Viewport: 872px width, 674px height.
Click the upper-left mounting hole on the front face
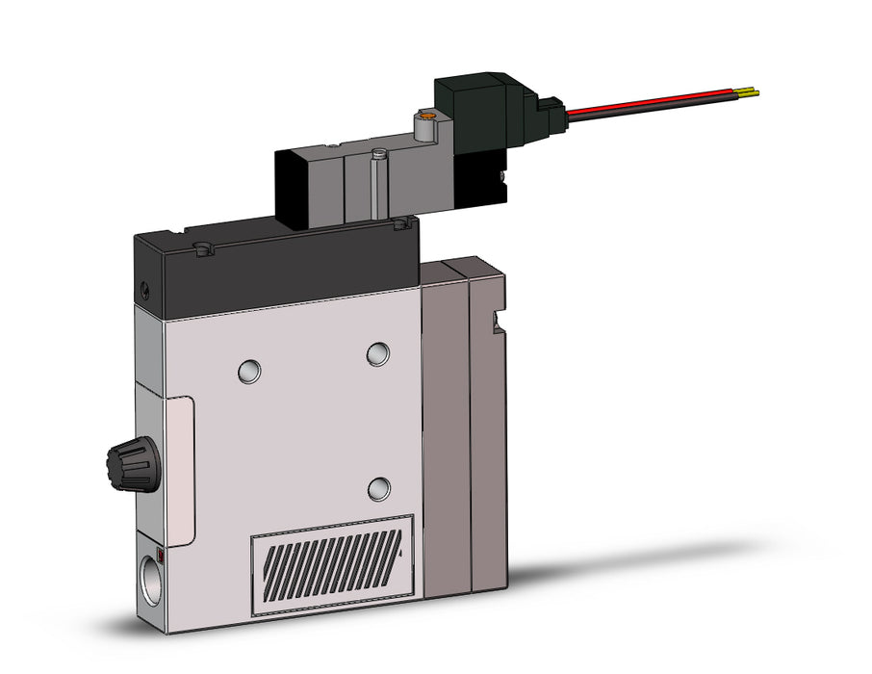(x=248, y=369)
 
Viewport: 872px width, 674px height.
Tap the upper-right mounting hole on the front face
(x=378, y=354)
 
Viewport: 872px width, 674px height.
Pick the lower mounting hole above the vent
(x=381, y=488)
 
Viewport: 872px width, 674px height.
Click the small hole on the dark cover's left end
(x=145, y=288)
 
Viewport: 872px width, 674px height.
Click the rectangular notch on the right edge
(x=498, y=322)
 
